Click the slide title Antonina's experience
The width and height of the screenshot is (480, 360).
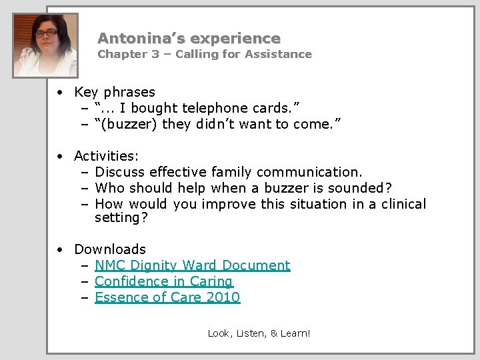pyautogui.click(x=189, y=39)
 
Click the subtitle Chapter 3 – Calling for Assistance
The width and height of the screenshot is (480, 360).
pyautogui.click(x=205, y=54)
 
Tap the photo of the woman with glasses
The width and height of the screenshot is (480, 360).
pyautogui.click(x=45, y=45)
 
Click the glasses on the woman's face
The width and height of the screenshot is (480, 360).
pyautogui.click(x=45, y=33)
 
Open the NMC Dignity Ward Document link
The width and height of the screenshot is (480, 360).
pyautogui.click(x=192, y=265)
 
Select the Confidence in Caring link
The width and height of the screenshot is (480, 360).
pyautogui.click(x=163, y=281)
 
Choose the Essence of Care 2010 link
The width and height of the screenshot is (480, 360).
pyautogui.click(x=167, y=297)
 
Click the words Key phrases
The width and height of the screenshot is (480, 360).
pyautogui.click(x=114, y=92)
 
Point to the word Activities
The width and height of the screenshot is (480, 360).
pyautogui.click(x=106, y=156)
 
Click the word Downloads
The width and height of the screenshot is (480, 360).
pyautogui.click(x=109, y=249)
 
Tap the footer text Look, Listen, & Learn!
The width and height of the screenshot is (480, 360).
pyautogui.click(x=259, y=333)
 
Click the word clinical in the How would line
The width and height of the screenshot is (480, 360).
pyautogui.click(x=403, y=204)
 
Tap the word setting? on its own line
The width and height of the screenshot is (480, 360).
pyautogui.click(x=121, y=218)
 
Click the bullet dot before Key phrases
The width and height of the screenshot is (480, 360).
pyautogui.click(x=60, y=93)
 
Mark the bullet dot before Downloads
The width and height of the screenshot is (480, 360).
pyautogui.click(x=60, y=250)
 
